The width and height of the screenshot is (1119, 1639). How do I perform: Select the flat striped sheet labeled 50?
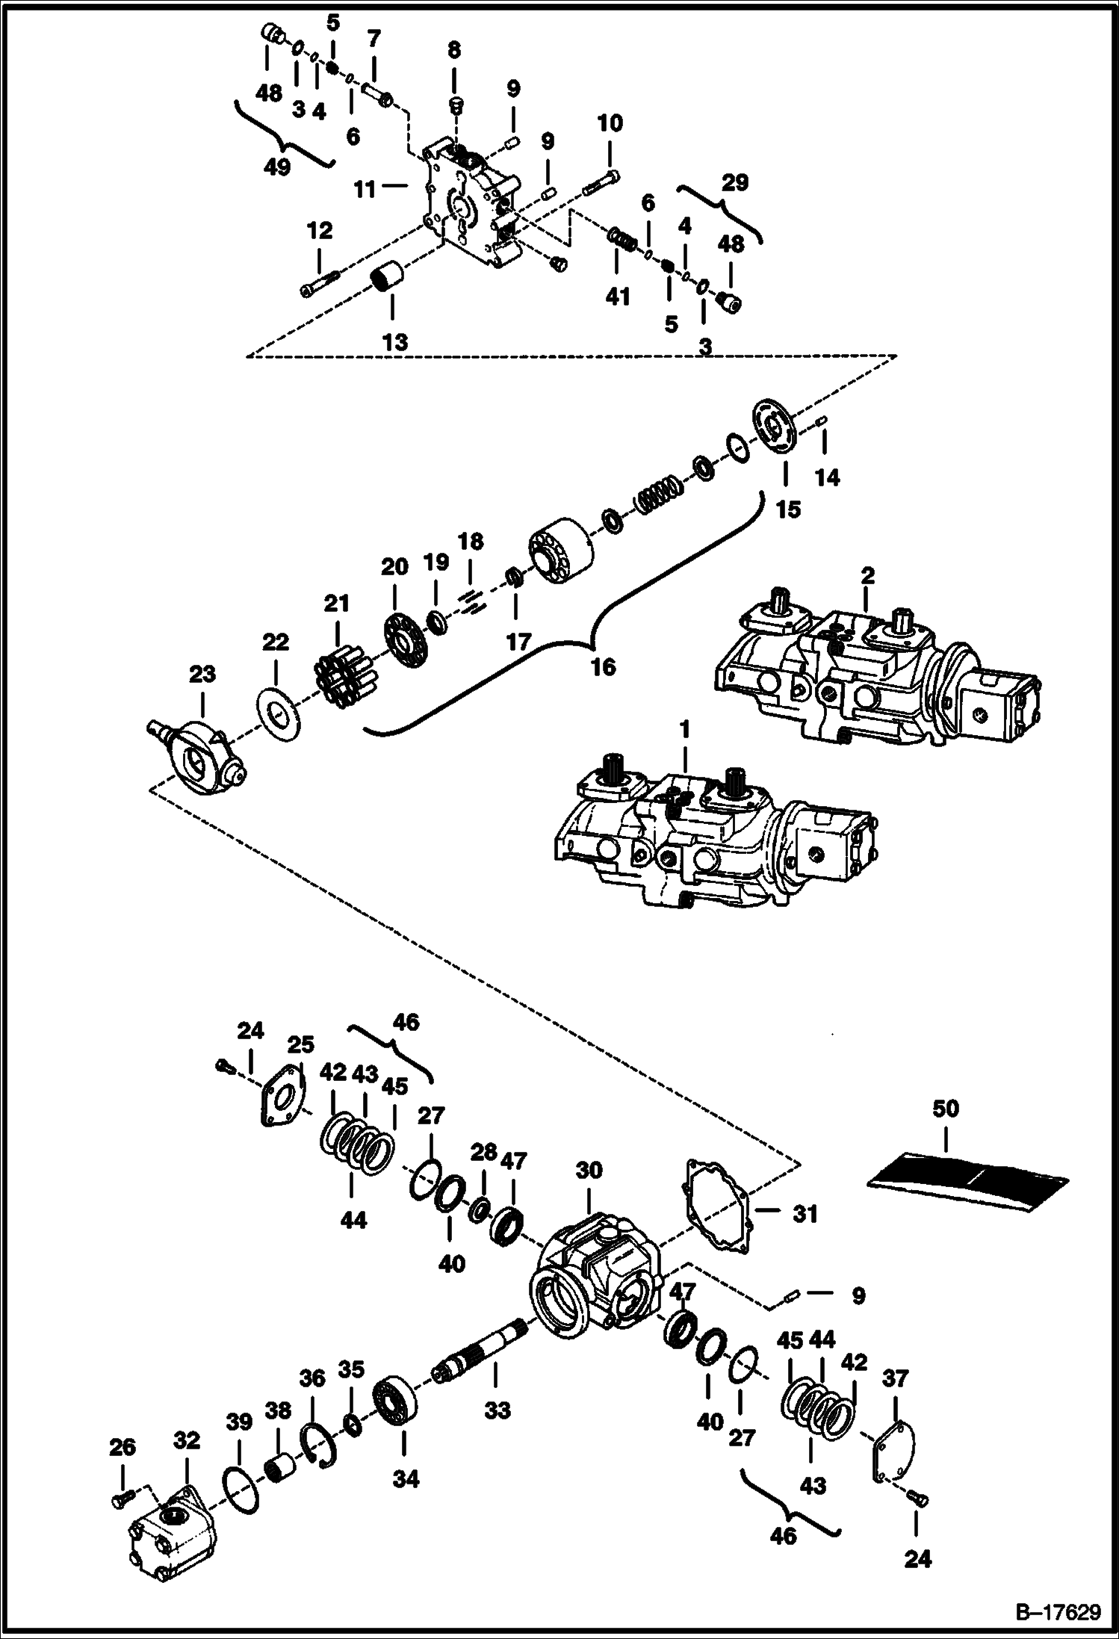(969, 1185)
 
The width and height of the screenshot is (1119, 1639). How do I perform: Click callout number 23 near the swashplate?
(202, 675)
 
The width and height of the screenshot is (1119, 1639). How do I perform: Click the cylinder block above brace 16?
(562, 552)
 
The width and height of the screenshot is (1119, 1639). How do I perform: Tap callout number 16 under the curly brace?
(603, 666)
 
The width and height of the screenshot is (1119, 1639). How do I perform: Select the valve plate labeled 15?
(775, 427)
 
